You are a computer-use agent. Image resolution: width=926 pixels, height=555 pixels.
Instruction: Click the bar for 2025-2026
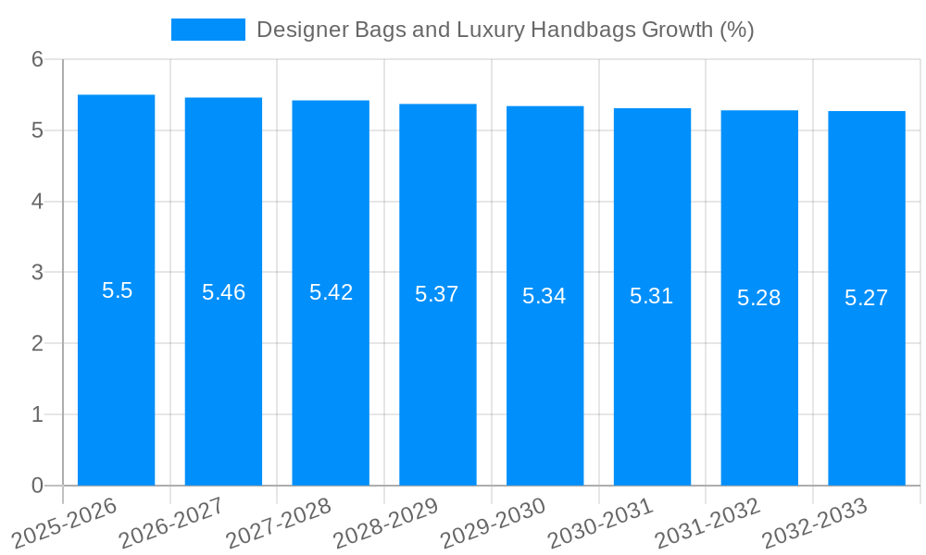[x=116, y=370]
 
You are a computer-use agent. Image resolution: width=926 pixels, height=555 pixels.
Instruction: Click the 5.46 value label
[x=223, y=292]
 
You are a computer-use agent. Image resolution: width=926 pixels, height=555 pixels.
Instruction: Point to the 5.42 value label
[x=331, y=292]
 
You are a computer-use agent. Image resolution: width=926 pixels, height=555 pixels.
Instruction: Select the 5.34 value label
[x=544, y=296]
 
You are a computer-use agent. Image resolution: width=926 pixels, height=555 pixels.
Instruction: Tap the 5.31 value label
[x=651, y=296]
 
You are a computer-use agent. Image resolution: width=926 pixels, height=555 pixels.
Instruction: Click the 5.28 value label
[x=758, y=298]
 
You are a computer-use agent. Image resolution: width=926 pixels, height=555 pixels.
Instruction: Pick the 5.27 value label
[x=866, y=298]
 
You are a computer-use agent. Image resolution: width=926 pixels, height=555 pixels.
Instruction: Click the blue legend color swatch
[x=208, y=30]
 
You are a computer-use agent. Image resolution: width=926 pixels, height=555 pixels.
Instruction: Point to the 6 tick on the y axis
[x=37, y=59]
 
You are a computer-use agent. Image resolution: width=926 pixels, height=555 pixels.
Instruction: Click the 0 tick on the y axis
[x=37, y=486]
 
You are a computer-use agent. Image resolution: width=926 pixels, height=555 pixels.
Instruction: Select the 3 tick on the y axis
[x=37, y=273]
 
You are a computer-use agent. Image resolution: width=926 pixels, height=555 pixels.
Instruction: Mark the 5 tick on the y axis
[x=37, y=130]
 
